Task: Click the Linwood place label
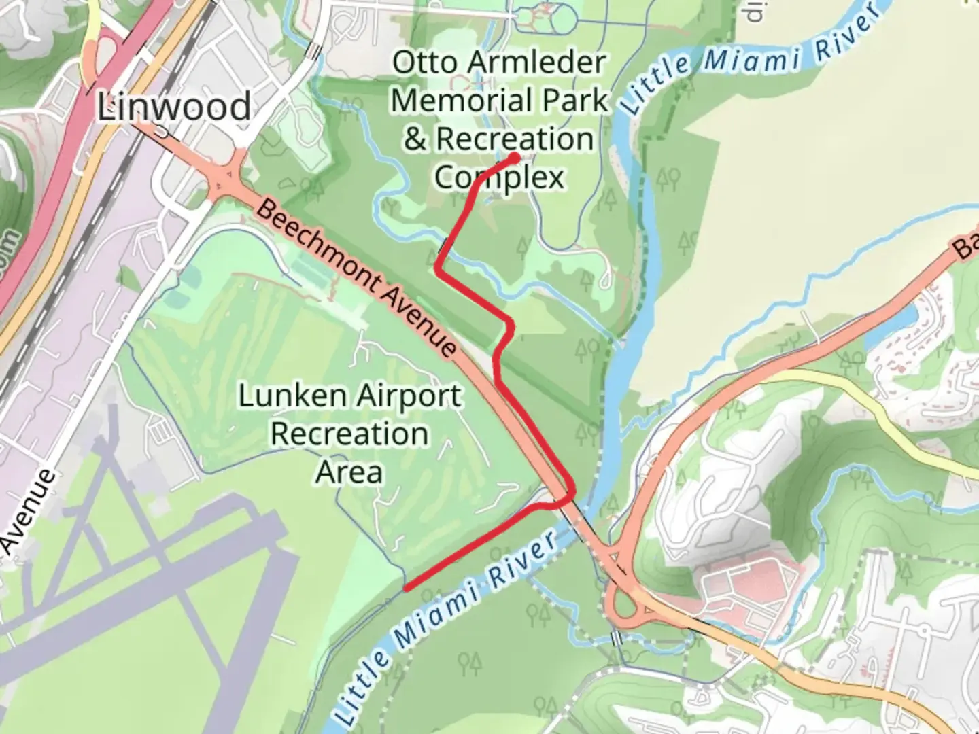[x=174, y=107]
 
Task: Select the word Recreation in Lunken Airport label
[x=349, y=434]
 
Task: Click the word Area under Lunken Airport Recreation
[x=349, y=472]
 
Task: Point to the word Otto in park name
[x=423, y=63]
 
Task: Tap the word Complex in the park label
[x=500, y=177]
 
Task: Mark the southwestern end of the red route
[x=407, y=589]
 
